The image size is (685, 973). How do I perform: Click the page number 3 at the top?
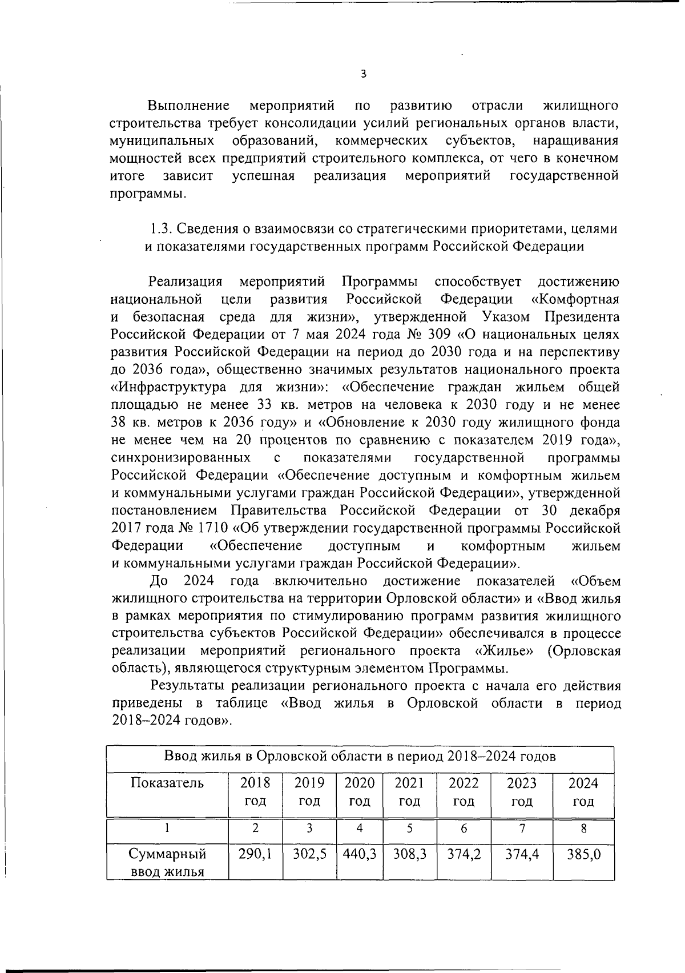click(x=363, y=74)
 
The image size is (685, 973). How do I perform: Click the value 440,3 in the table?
click(x=359, y=854)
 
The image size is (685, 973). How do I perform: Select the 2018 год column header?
click(x=255, y=791)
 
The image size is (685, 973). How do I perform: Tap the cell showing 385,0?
click(x=583, y=854)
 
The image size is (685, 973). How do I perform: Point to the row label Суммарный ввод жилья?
click(x=167, y=863)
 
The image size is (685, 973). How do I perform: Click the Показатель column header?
click(x=167, y=783)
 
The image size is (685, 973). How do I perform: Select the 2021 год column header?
click(x=409, y=791)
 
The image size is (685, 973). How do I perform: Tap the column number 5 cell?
click(x=409, y=829)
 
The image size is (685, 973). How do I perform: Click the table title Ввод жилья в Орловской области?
click(x=360, y=757)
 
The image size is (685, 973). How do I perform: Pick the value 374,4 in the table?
click(x=522, y=854)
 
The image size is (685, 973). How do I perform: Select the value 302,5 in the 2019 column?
click(x=309, y=854)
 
